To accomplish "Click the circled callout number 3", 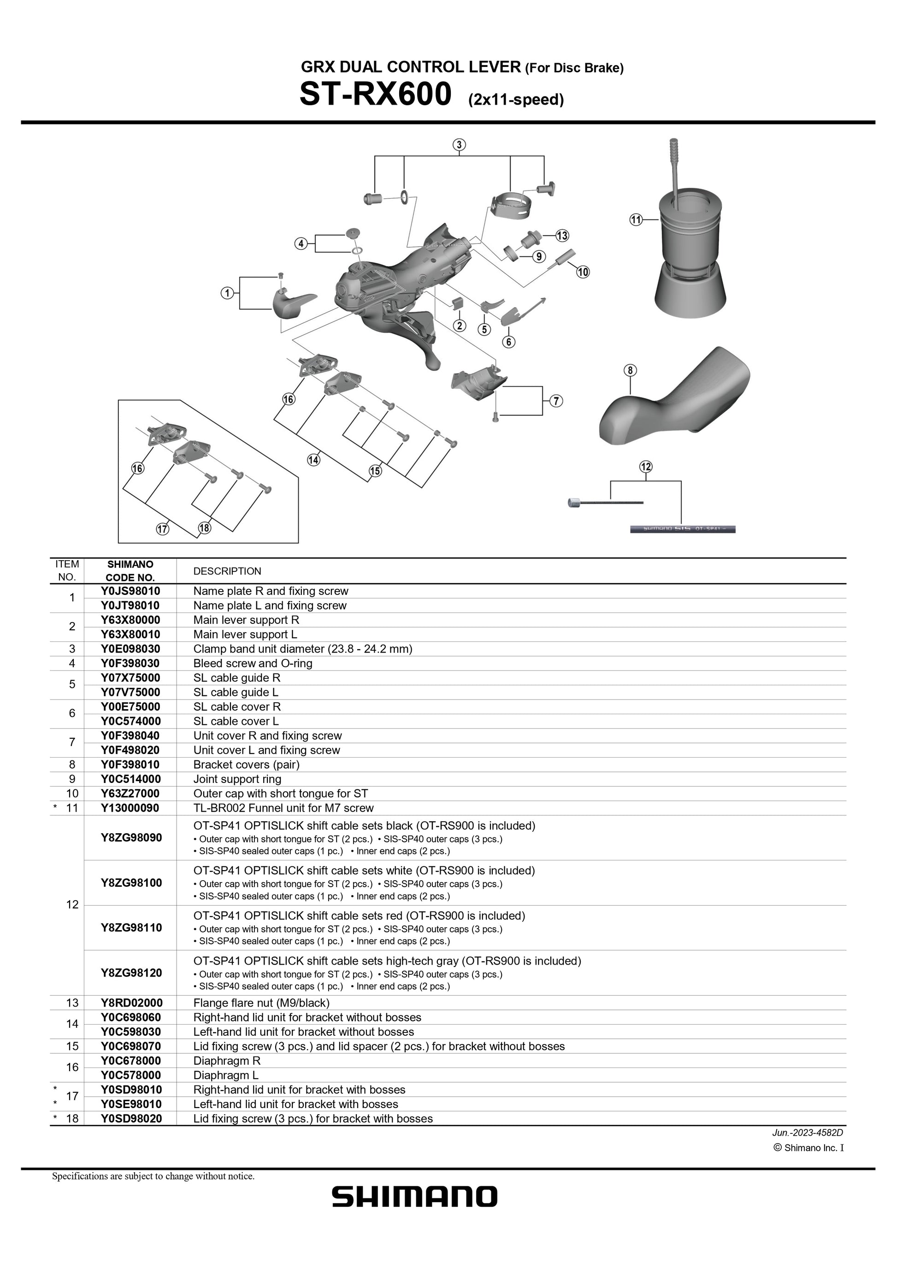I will [459, 145].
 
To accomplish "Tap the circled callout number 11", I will [636, 219].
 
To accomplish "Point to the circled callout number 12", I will [646, 467].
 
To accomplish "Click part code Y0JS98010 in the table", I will [130, 591].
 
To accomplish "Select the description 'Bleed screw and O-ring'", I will [253, 663].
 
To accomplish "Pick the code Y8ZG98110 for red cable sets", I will [131, 927].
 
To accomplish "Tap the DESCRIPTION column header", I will [227, 571].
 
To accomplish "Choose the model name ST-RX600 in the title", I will [375, 94].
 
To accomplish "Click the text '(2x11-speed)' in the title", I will [516, 100].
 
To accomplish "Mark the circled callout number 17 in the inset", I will [162, 529].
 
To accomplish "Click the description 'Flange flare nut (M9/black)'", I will [261, 1002].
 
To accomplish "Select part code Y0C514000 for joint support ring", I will [131, 779].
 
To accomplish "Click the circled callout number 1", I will [227, 293].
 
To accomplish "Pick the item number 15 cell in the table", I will [72, 1046].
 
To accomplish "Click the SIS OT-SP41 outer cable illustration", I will [683, 529].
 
